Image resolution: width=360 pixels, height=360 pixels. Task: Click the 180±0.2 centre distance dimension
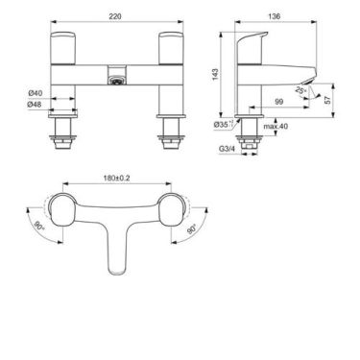point(117,179)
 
